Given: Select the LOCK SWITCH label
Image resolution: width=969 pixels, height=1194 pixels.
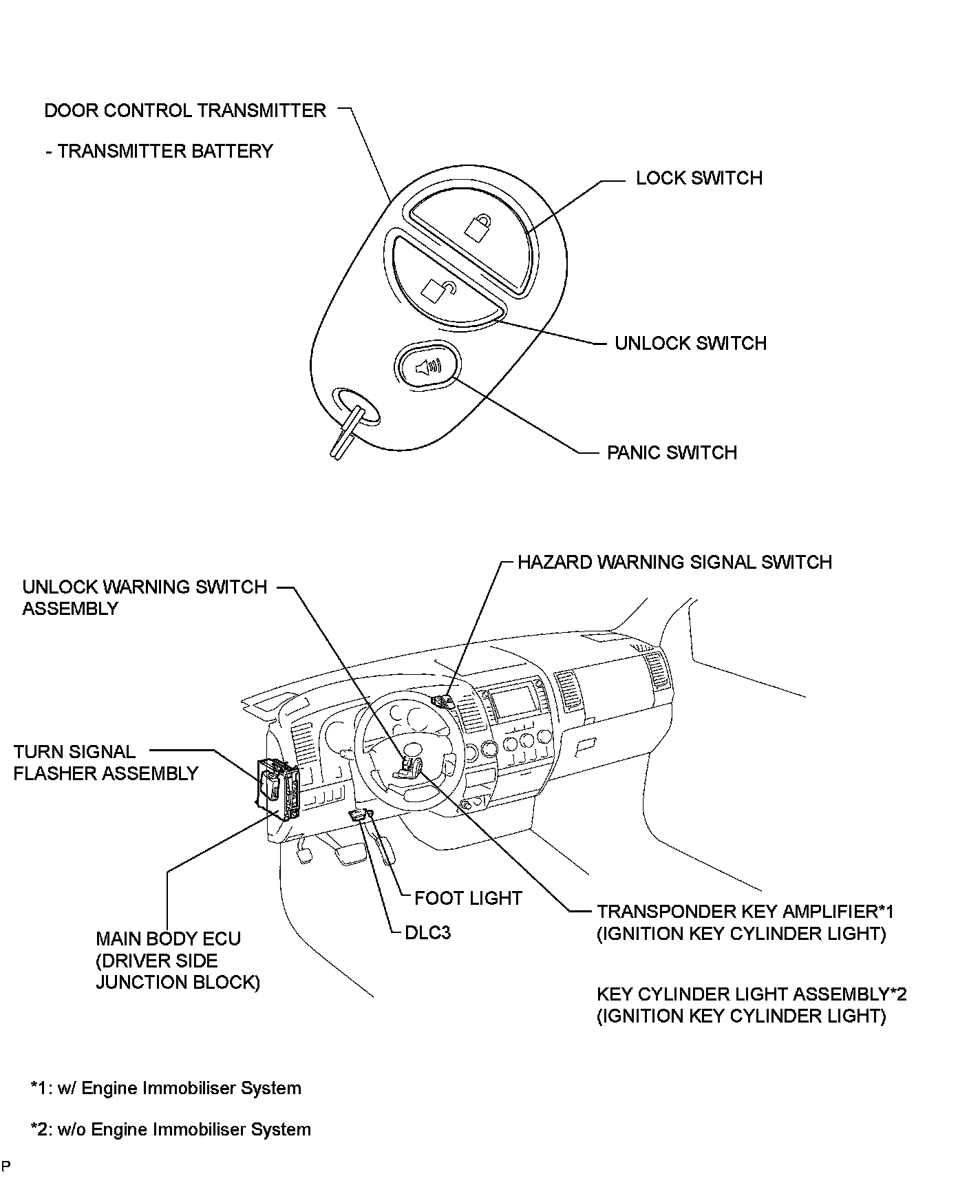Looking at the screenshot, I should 699,178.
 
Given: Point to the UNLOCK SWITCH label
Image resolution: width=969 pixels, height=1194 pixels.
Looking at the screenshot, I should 690,344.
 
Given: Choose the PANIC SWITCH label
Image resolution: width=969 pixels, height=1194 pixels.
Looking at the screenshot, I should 672,453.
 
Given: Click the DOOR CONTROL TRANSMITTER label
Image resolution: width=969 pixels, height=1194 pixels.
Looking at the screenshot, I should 184,111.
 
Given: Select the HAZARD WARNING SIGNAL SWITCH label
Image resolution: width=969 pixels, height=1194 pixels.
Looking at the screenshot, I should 674,563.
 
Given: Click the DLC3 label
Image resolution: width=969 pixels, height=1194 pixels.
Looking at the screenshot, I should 427,933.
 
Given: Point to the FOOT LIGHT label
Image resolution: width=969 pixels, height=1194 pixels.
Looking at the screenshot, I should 468,899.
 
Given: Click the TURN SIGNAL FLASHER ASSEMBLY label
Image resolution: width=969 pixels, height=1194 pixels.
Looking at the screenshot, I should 105,763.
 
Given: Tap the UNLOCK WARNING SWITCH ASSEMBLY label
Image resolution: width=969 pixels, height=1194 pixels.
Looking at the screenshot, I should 144,598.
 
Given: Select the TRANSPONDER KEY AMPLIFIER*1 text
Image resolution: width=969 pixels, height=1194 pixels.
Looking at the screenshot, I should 745,912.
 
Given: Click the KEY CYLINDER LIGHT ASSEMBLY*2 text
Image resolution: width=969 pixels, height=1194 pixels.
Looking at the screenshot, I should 752,994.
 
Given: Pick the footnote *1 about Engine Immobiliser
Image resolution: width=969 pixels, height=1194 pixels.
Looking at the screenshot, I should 166,1089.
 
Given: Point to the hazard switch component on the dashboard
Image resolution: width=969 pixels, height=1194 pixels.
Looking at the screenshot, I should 441,702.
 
